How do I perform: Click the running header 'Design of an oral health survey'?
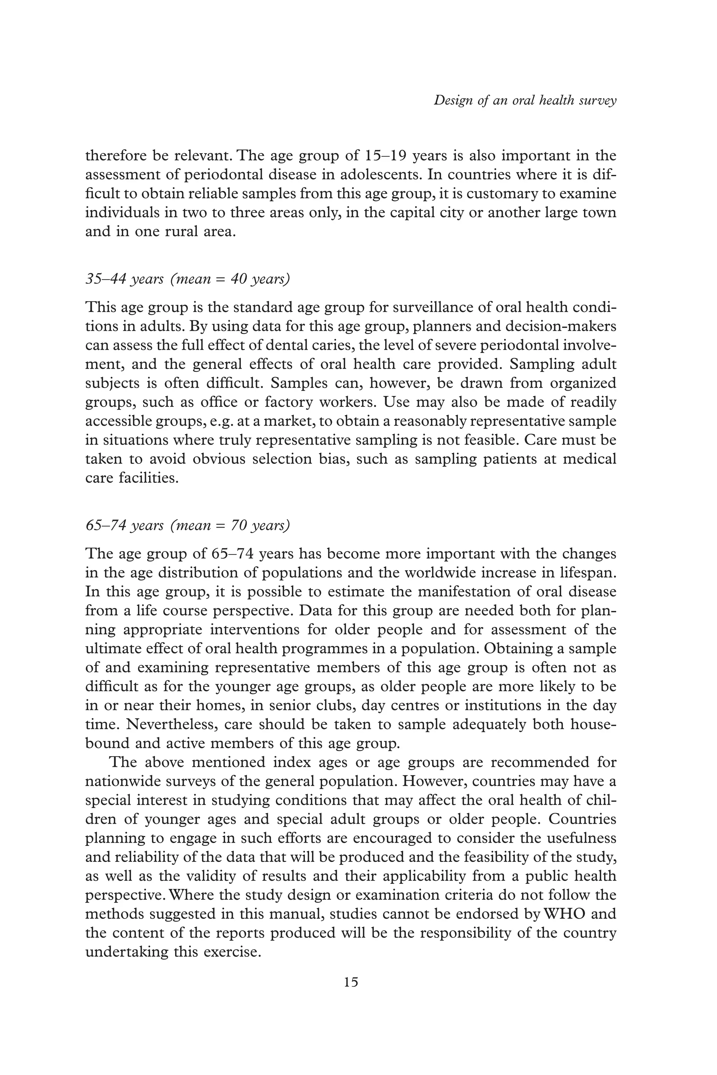525,100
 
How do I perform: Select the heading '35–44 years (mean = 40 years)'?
188,279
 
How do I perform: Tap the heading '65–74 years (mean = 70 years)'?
188,525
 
